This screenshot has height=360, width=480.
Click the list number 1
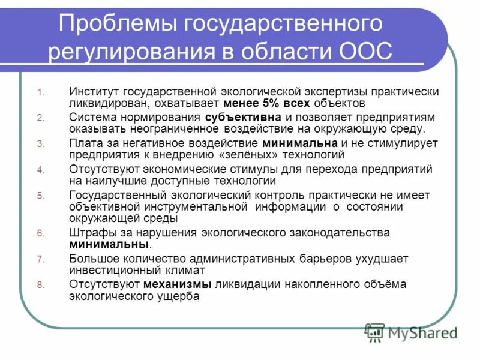pyautogui.click(x=40, y=93)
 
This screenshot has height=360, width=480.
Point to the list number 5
pyautogui.click(x=40, y=196)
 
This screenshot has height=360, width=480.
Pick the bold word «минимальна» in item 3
pyautogui.click(x=301, y=143)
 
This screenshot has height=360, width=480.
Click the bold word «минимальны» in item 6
pyautogui.click(x=109, y=245)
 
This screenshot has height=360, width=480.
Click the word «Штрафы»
pyautogui.click(x=89, y=233)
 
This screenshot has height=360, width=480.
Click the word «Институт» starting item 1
pyautogui.click(x=94, y=92)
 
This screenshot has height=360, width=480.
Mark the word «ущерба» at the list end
pyautogui.click(x=179, y=296)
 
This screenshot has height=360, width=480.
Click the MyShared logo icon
pyautogui.click(x=375, y=332)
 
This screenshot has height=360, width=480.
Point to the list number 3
pyautogui.click(x=40, y=144)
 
